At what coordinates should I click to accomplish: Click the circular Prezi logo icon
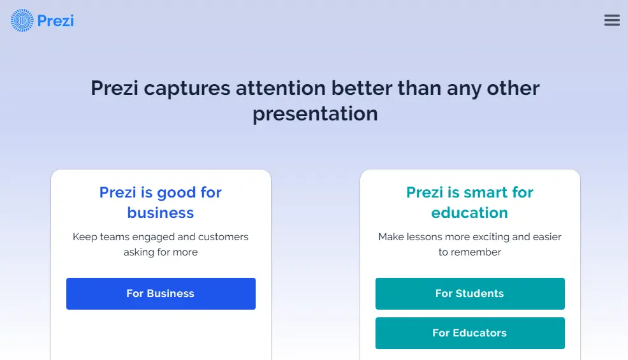pos(22,20)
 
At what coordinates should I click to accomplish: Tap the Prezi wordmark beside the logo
pos(55,21)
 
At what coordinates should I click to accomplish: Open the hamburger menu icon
pos(612,20)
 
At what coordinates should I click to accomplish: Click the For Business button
pos(161,294)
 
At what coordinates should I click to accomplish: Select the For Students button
pos(470,294)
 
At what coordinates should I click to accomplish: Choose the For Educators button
pos(470,333)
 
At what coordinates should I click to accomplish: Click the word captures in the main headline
pos(187,89)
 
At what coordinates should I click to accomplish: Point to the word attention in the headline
pos(281,88)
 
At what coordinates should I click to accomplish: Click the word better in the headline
pos(361,88)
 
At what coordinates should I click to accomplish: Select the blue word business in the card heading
pos(161,213)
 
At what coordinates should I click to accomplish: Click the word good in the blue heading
pos(177,193)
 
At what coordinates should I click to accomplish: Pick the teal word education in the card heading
pos(470,213)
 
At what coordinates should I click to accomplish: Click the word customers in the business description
pos(224,236)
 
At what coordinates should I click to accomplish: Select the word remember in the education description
pos(476,252)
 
